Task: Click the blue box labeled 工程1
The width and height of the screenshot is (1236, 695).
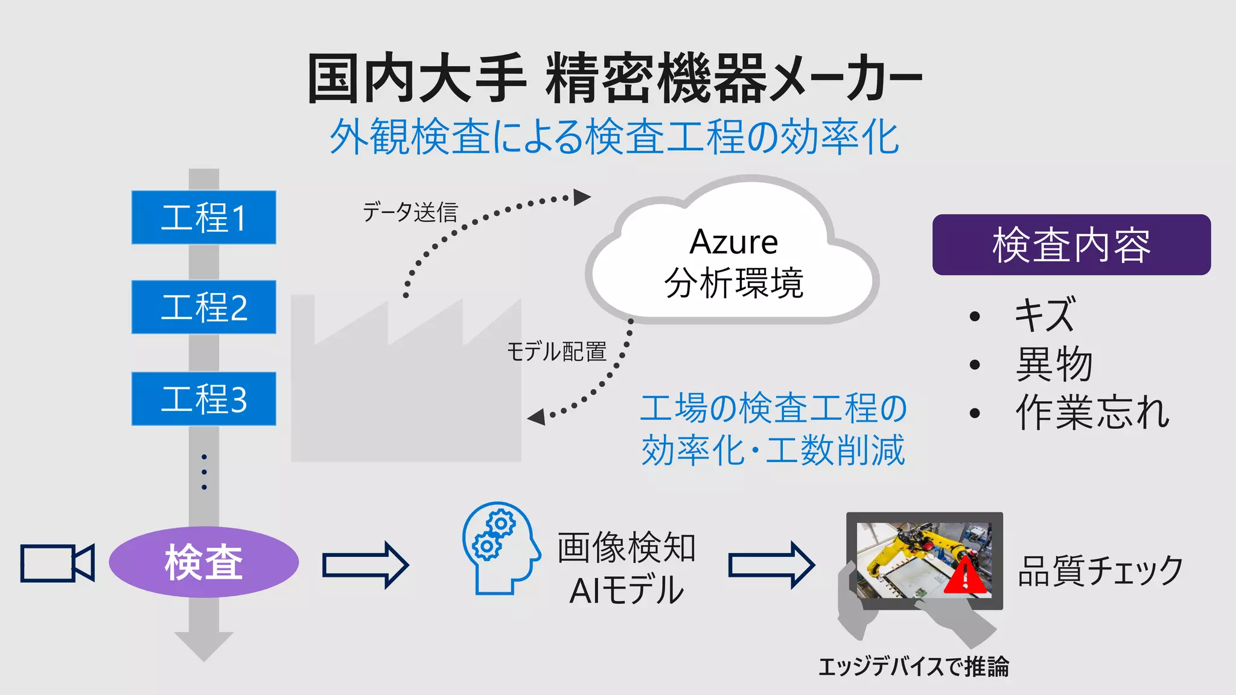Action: point(203,217)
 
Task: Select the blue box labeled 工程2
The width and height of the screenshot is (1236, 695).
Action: point(203,306)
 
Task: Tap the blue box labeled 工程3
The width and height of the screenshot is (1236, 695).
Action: point(203,399)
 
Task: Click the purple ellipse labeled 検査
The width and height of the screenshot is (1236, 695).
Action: point(203,562)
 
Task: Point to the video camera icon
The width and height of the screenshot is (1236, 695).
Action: point(57,563)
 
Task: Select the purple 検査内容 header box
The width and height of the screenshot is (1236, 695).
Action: point(1071,245)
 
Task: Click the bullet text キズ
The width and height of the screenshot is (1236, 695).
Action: point(1045,315)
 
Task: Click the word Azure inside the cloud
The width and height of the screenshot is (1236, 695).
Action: point(733,243)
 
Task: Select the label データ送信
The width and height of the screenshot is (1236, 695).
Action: point(410,212)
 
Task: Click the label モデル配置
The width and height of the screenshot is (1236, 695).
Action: point(556,351)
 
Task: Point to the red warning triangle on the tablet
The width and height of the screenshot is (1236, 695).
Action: point(966,577)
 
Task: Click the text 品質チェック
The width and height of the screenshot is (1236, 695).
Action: point(1100,571)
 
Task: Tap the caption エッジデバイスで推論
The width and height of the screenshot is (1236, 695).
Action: point(913,667)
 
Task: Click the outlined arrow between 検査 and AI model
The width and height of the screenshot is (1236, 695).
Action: point(366,565)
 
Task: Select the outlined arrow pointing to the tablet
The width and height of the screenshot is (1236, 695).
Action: point(771,565)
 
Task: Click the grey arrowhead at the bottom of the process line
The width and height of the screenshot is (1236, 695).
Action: point(203,646)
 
